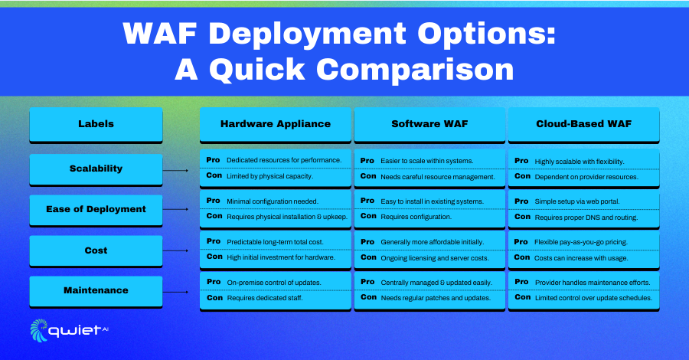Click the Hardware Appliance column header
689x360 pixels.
pyautogui.click(x=276, y=124)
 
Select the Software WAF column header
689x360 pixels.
pyautogui.click(x=429, y=124)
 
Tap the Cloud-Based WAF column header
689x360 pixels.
pyautogui.click(x=584, y=124)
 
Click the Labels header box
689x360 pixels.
pyautogui.click(x=96, y=124)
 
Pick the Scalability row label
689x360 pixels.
pyautogui.click(x=96, y=169)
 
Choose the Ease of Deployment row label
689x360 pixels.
pyautogui.click(x=96, y=210)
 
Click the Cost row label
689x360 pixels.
pyautogui.click(x=96, y=250)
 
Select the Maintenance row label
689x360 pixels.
pyautogui.click(x=96, y=291)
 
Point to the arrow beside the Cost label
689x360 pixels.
pyautogui.click(x=176, y=250)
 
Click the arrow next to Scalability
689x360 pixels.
pyautogui.click(x=176, y=170)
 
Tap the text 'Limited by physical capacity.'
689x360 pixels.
pyautogui.click(x=269, y=176)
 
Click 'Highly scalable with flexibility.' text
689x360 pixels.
pyautogui.click(x=580, y=162)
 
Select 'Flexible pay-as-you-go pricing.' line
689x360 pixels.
pyautogui.click(x=581, y=242)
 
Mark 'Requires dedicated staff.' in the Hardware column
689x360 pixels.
pyautogui.click(x=265, y=298)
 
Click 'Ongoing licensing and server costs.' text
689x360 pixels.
pyautogui.click(x=435, y=258)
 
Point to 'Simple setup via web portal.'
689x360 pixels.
pyautogui.click(x=577, y=201)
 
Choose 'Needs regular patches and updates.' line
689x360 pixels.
pyautogui.click(x=436, y=298)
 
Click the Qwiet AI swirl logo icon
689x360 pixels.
pyautogui.click(x=39, y=331)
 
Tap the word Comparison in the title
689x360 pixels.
pyautogui.click(x=415, y=70)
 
